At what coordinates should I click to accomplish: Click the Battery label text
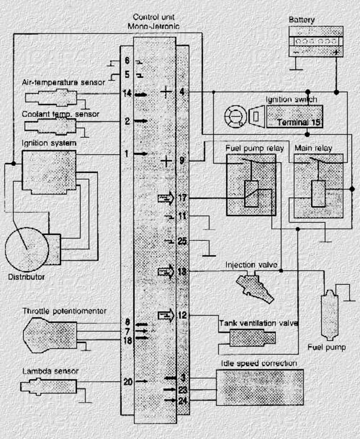coord(302,20)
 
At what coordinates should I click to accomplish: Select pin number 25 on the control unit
coord(183,241)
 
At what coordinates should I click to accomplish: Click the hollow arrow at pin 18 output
coord(165,271)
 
